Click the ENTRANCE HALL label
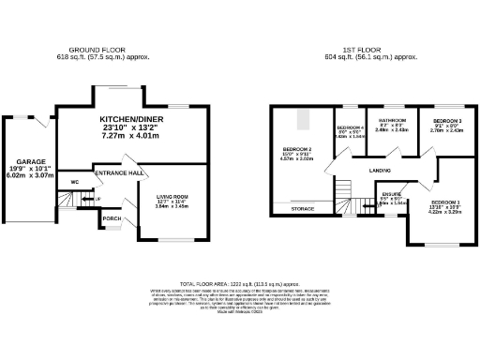[x=119, y=173]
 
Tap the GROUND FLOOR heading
[x=97, y=49]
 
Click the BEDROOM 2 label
[x=296, y=148]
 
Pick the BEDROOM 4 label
[x=349, y=127]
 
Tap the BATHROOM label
[x=391, y=121]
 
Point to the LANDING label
[x=380, y=171]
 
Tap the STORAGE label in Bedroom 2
[x=302, y=208]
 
